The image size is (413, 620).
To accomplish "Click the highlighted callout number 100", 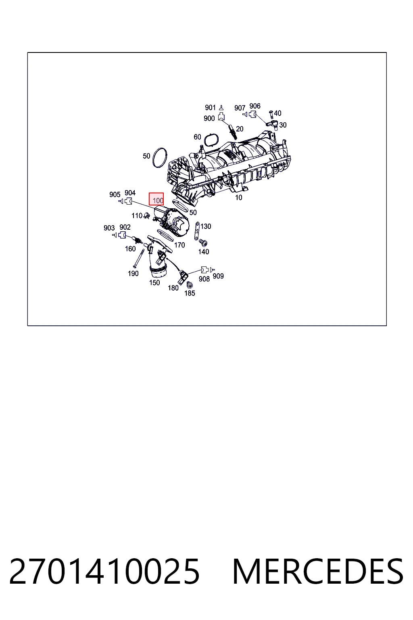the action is (x=158, y=200).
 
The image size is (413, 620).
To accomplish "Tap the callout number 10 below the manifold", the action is (x=238, y=198).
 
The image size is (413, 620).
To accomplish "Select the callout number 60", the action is (x=197, y=137).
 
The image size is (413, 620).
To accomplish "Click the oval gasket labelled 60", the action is (x=212, y=140).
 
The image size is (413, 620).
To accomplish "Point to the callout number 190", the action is (x=133, y=273).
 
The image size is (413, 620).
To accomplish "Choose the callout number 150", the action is (x=154, y=283).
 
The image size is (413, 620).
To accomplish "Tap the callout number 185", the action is (x=190, y=293).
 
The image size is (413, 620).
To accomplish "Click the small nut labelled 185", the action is (x=190, y=285).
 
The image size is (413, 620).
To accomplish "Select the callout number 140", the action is (x=204, y=251).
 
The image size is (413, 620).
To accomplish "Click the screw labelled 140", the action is (x=203, y=243).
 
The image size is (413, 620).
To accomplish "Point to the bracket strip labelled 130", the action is (x=197, y=231).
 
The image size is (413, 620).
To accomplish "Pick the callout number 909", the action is (x=218, y=276).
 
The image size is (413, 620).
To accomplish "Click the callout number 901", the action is (x=210, y=107).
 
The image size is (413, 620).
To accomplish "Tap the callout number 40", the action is (x=277, y=113).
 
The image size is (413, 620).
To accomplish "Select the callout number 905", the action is (x=115, y=195).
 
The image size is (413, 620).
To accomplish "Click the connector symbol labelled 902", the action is (x=122, y=235).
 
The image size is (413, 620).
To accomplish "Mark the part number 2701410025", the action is (x=104, y=571).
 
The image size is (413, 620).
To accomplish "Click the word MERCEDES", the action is (x=318, y=571).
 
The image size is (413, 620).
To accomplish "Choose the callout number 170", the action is (x=179, y=245).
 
